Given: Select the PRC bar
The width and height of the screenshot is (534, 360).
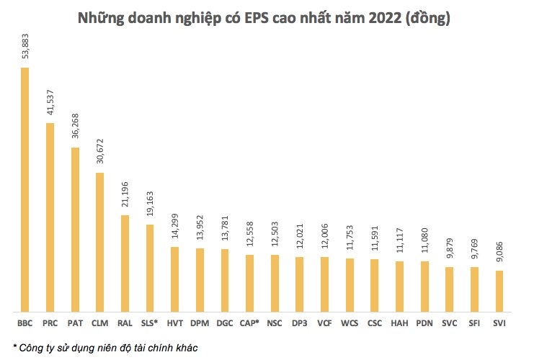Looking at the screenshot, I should click(50, 217).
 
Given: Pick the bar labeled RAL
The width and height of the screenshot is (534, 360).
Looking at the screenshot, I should click(125, 263).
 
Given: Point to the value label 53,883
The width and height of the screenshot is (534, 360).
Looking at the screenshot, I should click(25, 50).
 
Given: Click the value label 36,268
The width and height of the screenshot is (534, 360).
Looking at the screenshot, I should click(75, 130).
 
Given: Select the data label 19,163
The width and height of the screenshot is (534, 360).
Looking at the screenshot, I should click(150, 207).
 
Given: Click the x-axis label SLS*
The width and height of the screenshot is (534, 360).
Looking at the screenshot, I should click(149, 324).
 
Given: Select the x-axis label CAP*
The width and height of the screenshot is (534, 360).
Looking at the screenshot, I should click(249, 324).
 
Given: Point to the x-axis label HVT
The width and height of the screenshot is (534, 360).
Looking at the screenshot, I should click(174, 324).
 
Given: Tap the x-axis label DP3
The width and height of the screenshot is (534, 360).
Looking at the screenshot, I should click(299, 324).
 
